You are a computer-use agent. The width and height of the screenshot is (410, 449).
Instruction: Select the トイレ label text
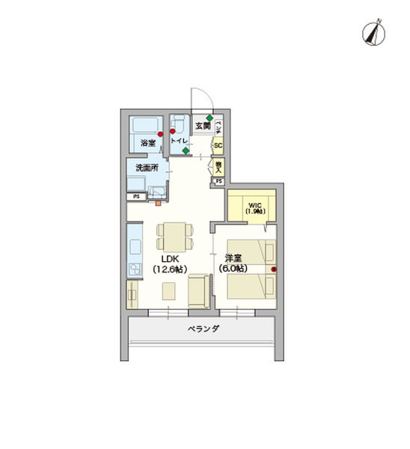click(x=180, y=140)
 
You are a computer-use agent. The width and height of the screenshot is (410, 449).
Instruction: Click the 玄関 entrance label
click(x=202, y=126)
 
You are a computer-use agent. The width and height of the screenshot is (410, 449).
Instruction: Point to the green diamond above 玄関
click(x=210, y=118)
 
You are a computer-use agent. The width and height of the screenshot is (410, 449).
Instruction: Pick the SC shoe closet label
click(x=218, y=146)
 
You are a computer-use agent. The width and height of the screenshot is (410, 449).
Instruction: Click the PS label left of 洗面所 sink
click(x=136, y=197)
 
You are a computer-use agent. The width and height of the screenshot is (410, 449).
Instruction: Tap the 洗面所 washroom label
click(x=146, y=168)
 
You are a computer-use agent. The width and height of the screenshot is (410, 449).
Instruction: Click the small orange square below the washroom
click(x=158, y=201)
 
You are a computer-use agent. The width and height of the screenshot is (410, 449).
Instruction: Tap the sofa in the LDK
click(x=198, y=290)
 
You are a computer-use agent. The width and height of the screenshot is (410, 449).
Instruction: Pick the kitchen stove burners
click(x=135, y=268)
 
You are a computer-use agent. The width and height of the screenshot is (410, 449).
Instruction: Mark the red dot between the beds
click(x=274, y=269)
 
